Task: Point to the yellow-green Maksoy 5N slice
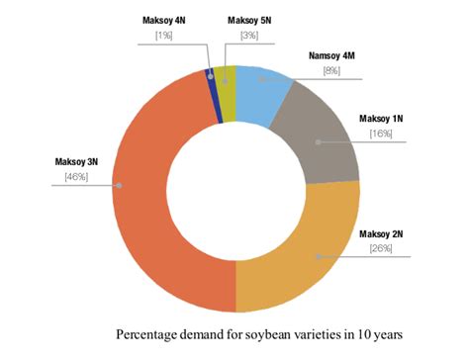tap(228, 79)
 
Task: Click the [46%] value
tap(76, 177)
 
